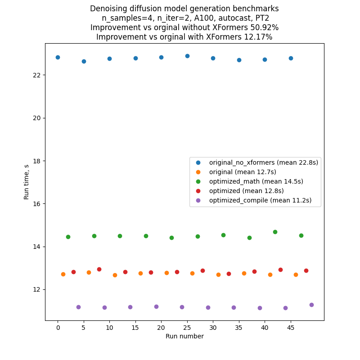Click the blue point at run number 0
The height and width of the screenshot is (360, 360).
point(58,57)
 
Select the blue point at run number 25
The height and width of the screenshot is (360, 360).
point(187,56)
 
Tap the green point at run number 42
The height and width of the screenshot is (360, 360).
point(275,232)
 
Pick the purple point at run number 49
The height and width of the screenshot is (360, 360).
point(311,305)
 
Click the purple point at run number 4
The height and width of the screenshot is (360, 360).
point(78,307)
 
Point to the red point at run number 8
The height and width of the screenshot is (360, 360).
point(99,269)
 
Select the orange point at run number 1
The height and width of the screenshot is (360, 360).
point(63,274)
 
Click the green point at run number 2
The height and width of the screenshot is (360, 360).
point(68,237)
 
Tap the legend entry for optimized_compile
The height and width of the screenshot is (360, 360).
point(260,200)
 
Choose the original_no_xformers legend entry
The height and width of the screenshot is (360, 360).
point(263,162)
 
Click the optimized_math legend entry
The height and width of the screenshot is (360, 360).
point(256,181)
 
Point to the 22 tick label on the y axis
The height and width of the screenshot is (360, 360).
point(37,75)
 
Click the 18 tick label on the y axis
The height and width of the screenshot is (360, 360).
point(37,161)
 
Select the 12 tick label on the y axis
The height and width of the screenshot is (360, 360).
point(37,290)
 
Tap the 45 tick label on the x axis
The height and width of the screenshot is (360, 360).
point(291,328)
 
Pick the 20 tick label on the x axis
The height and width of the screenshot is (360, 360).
point(161,328)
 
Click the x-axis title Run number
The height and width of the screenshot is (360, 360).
point(184,336)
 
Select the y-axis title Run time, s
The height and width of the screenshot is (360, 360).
point(27,182)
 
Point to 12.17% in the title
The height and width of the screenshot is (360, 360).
point(256,37)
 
